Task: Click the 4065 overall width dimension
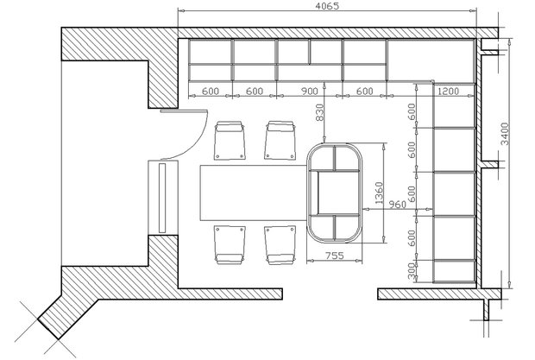pyautogui.click(x=327, y=6)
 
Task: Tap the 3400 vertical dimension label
pyautogui.click(x=505, y=134)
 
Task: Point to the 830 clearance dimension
pyautogui.click(x=319, y=112)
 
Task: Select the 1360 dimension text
pyautogui.click(x=379, y=193)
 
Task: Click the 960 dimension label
pyautogui.click(x=398, y=205)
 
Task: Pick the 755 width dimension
pyautogui.click(x=335, y=256)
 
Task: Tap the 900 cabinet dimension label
pyautogui.click(x=310, y=92)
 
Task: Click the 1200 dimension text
pyautogui.click(x=449, y=92)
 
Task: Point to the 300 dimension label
pyautogui.click(x=412, y=270)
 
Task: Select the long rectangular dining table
pyautogui.click(x=254, y=193)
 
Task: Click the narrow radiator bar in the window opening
pyautogui.click(x=162, y=198)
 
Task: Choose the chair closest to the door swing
pyautogui.click(x=230, y=140)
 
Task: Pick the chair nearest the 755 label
pyautogui.click(x=280, y=244)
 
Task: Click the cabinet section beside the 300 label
pyautogui.click(x=454, y=271)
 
